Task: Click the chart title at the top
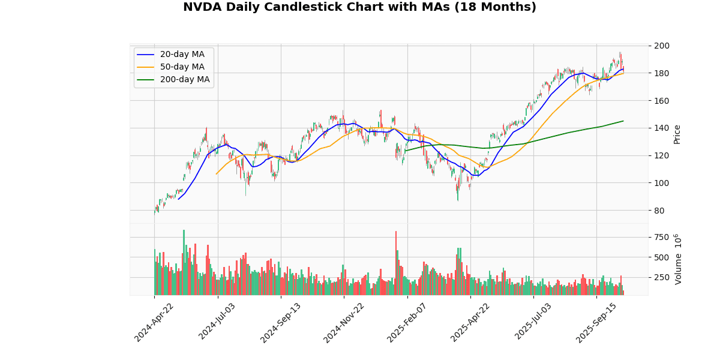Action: point(359,7)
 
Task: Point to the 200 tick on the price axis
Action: point(661,46)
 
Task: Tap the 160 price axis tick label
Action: point(661,101)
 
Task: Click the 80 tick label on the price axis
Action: point(659,211)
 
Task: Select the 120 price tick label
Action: point(661,156)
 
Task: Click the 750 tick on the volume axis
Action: point(661,237)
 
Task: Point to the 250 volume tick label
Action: point(661,278)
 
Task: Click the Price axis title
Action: point(677,134)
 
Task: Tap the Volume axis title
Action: point(679,259)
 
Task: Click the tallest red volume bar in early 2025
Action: point(396,263)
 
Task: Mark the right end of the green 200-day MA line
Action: point(623,121)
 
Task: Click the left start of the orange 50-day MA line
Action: point(216,174)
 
